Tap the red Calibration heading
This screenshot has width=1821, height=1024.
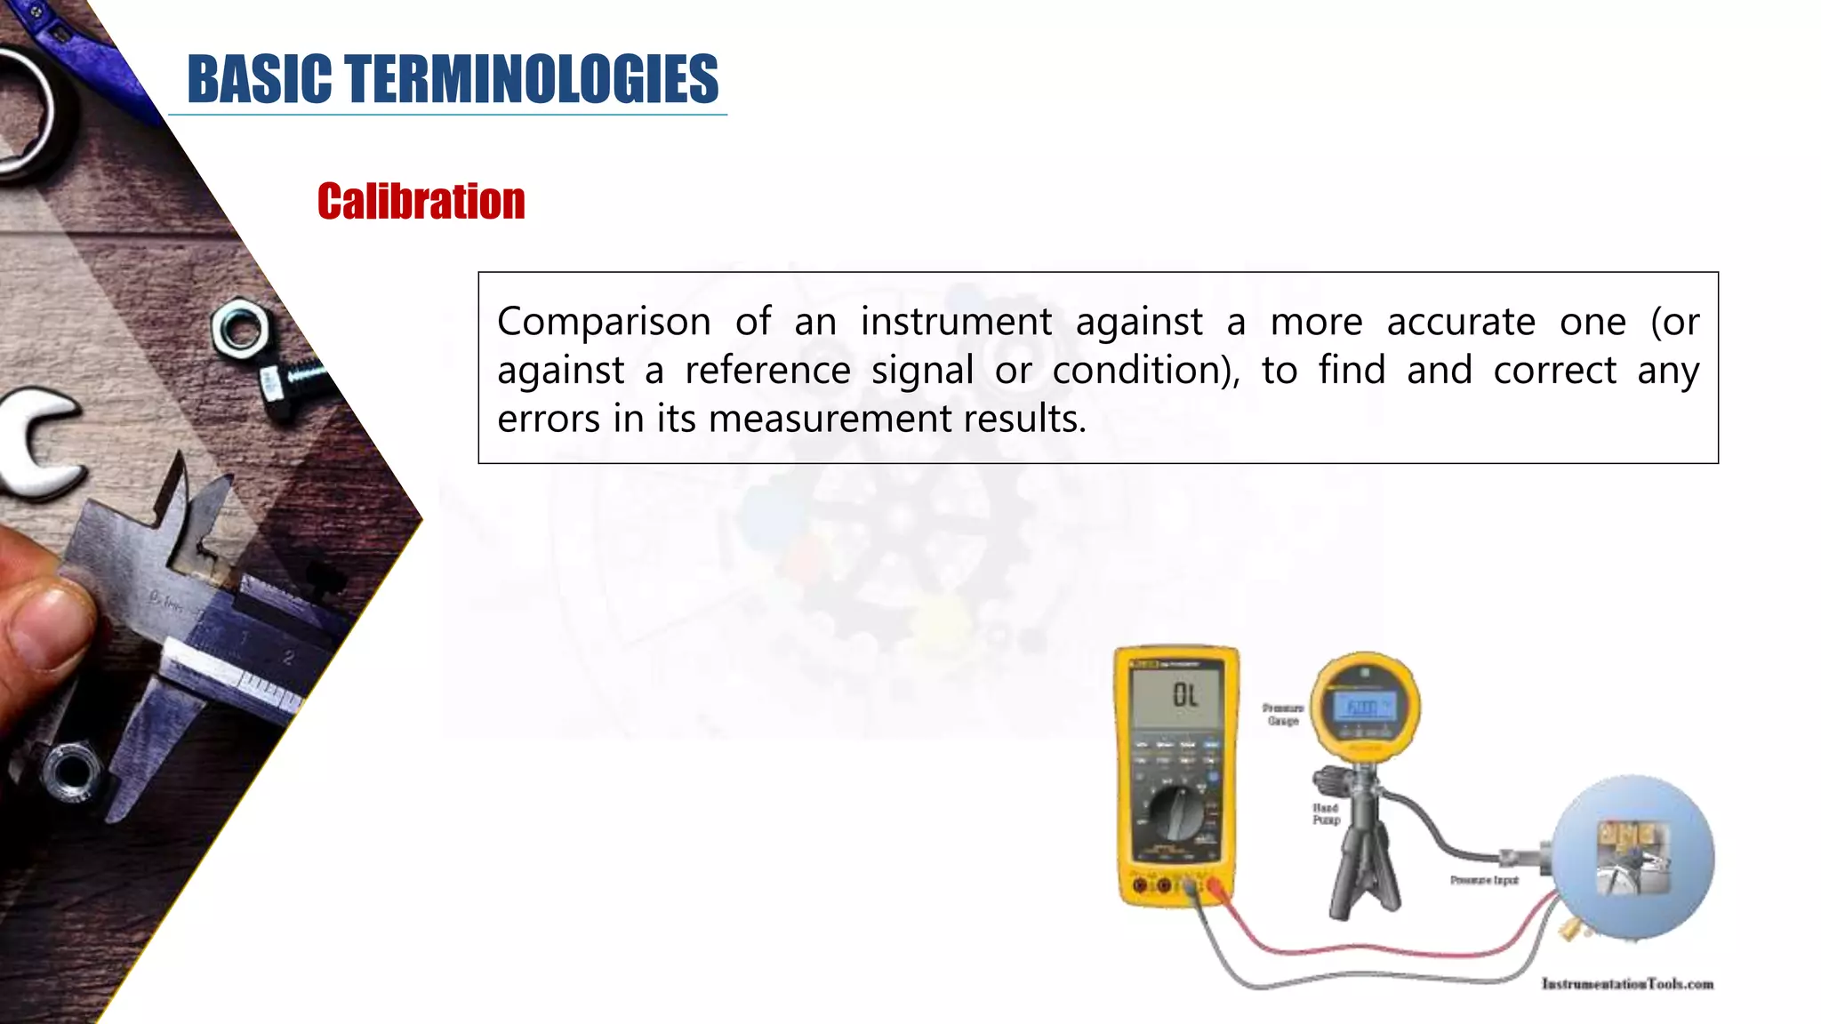pyautogui.click(x=421, y=201)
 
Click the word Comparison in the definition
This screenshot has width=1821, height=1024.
pyautogui.click(x=604, y=322)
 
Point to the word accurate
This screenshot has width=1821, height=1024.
pyautogui.click(x=1461, y=322)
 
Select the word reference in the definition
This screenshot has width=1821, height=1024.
pyautogui.click(x=767, y=371)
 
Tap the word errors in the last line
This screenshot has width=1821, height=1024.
pyautogui.click(x=549, y=419)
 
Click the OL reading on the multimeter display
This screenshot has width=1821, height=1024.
pyautogui.click(x=1184, y=695)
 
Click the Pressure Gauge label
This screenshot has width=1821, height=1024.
pyautogui.click(x=1282, y=715)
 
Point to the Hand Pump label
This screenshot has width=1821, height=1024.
pyautogui.click(x=1326, y=813)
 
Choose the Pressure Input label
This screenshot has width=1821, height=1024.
pyautogui.click(x=1484, y=880)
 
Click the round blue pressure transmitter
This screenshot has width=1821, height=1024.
pyautogui.click(x=1633, y=857)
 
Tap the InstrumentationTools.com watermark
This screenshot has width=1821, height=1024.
pyautogui.click(x=1627, y=984)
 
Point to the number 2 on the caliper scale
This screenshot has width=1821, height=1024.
pyautogui.click(x=288, y=658)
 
